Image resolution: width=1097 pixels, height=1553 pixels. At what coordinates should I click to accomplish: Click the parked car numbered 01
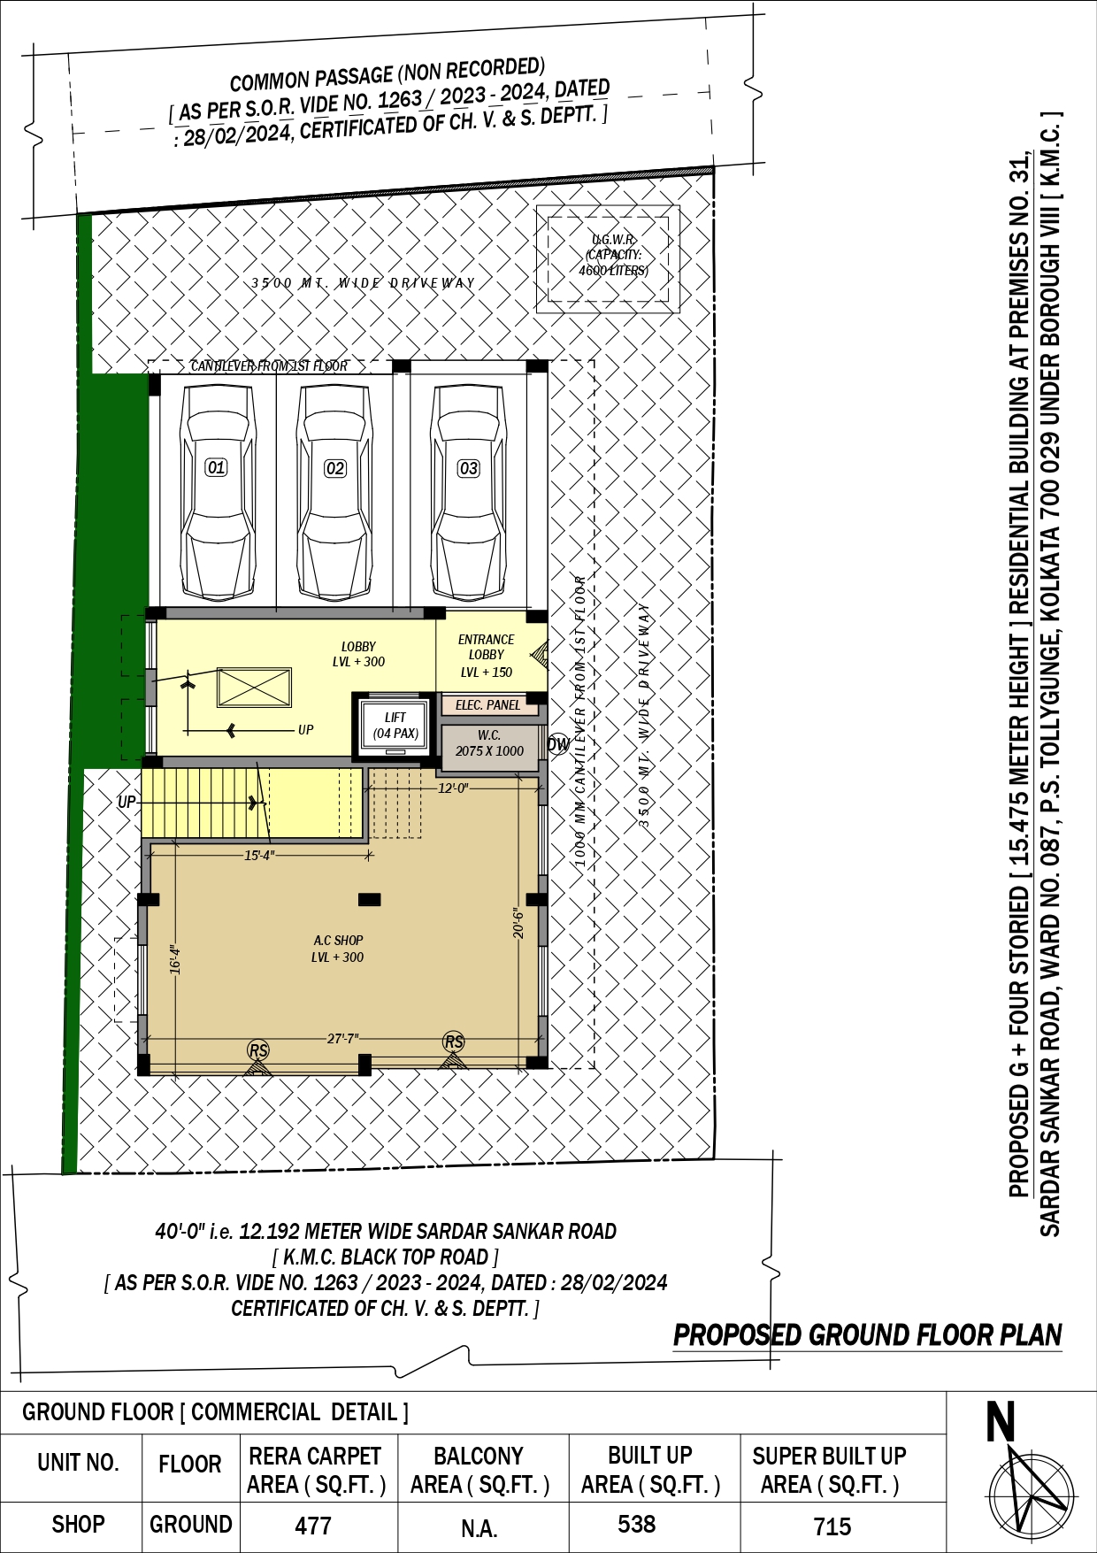click(216, 491)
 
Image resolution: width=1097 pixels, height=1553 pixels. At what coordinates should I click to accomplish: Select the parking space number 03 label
click(468, 468)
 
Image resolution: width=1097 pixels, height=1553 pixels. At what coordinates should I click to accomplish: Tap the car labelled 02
click(334, 491)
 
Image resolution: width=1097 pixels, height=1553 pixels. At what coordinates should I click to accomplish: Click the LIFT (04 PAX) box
click(395, 726)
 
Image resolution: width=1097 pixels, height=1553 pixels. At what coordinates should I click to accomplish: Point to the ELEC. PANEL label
click(488, 705)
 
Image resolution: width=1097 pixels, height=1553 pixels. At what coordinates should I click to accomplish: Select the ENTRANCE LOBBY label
click(486, 647)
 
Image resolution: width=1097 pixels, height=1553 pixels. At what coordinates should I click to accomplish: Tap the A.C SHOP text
click(338, 940)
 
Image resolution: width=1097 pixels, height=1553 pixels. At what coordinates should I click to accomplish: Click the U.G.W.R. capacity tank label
click(613, 255)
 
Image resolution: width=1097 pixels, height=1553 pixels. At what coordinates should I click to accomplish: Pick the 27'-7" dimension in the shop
click(343, 1038)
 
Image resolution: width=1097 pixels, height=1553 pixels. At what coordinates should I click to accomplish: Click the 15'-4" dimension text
click(259, 856)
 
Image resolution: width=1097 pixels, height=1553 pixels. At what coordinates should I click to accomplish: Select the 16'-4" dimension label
click(175, 959)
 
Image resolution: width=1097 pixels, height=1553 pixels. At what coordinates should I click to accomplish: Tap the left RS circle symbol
click(257, 1050)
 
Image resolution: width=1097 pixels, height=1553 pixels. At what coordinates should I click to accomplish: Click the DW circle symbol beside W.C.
click(558, 744)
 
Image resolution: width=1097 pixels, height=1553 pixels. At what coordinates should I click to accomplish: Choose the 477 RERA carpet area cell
click(313, 1526)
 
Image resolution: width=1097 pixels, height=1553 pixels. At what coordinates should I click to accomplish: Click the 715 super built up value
click(832, 1526)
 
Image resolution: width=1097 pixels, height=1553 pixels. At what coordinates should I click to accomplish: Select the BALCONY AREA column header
click(479, 1470)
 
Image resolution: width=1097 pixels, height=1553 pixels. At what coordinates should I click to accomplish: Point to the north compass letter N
click(1001, 1424)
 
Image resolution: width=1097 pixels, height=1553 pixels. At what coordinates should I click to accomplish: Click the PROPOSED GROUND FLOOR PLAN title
click(868, 1335)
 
